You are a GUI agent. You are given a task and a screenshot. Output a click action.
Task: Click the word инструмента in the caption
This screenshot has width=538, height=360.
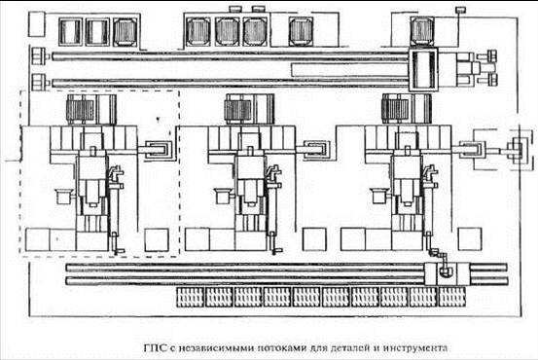click(414, 348)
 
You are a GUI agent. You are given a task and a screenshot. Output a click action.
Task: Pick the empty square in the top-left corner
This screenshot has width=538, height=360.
click(36, 24)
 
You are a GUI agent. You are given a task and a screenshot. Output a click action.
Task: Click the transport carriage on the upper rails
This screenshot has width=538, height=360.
click(423, 69)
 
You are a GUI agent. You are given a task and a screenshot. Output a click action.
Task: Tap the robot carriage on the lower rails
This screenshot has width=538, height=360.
click(442, 273)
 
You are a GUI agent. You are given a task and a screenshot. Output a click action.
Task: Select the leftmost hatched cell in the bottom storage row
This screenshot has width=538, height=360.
click(191, 297)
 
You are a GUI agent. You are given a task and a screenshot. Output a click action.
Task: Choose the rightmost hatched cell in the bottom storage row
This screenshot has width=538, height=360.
click(452, 297)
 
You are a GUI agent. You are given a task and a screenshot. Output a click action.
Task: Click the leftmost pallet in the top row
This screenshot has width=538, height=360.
click(70, 31)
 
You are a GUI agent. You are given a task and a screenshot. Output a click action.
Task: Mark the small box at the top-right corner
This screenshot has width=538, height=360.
click(460, 10)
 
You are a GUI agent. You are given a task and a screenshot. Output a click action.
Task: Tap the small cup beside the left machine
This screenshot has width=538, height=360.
click(63, 196)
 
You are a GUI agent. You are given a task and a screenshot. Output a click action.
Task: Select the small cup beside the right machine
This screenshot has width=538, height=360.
click(379, 196)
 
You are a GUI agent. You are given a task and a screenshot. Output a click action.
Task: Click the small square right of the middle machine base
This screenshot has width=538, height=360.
click(314, 239)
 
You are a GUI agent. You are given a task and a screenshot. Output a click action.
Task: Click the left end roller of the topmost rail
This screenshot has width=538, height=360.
click(39, 55)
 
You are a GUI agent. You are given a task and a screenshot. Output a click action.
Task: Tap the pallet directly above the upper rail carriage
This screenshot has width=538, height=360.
click(422, 31)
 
